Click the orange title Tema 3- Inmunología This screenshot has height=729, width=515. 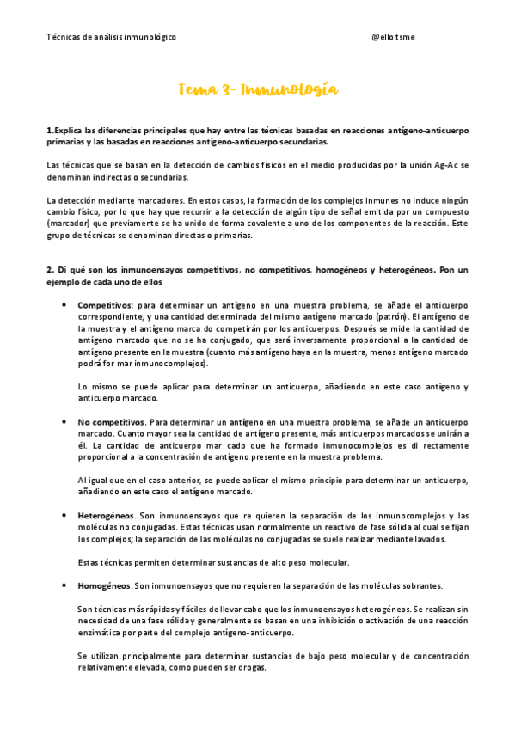tap(257, 90)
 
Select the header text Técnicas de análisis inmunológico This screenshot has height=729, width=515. tap(111, 38)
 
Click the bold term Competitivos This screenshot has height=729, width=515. tap(105, 305)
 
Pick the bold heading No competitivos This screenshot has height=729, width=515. tap(111, 422)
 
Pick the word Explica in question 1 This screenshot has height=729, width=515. tap(66, 130)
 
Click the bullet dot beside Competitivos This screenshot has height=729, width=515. tap(65, 305)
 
